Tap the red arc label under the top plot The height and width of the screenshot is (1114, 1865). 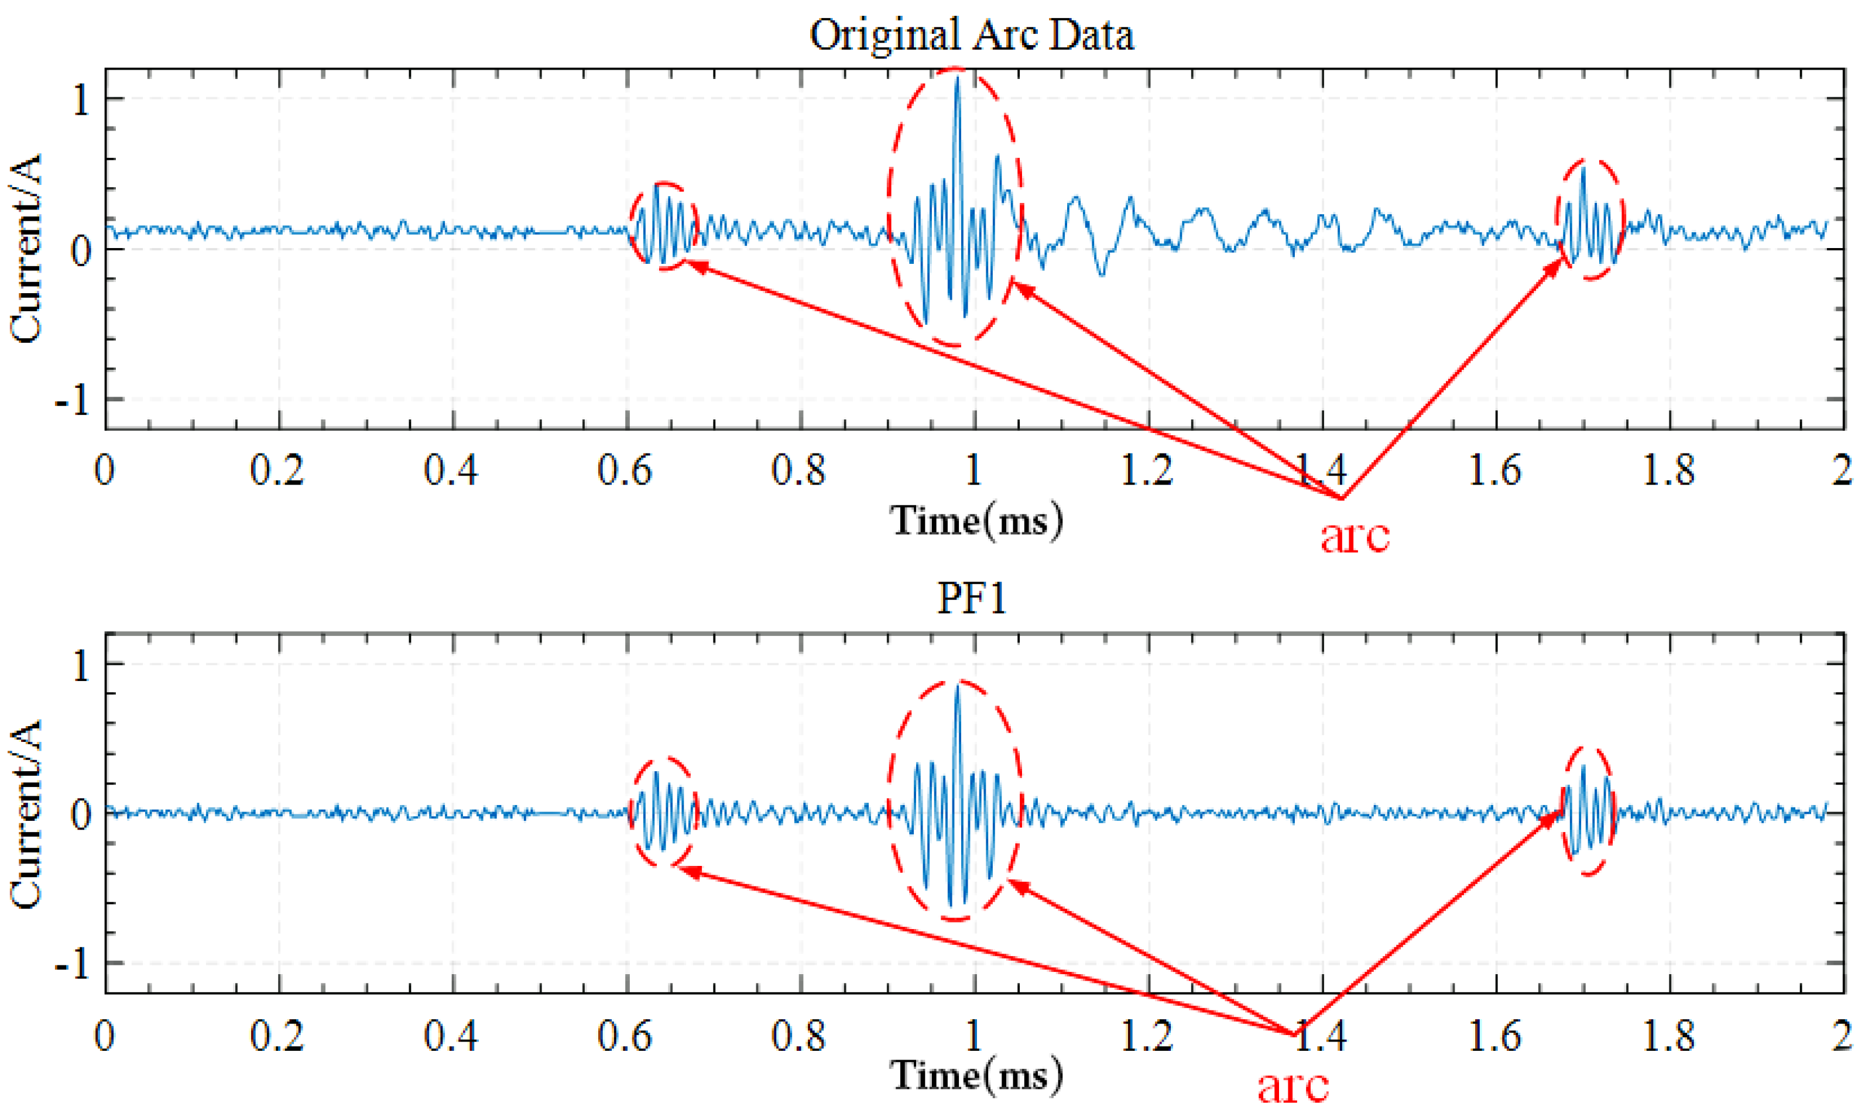(x=1355, y=536)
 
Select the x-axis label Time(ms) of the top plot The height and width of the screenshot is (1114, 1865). (x=976, y=520)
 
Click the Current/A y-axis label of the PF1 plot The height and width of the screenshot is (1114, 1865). (x=26, y=814)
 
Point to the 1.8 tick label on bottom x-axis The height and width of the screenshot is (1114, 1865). (x=1668, y=1036)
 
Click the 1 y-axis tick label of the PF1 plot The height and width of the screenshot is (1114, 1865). (x=81, y=666)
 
